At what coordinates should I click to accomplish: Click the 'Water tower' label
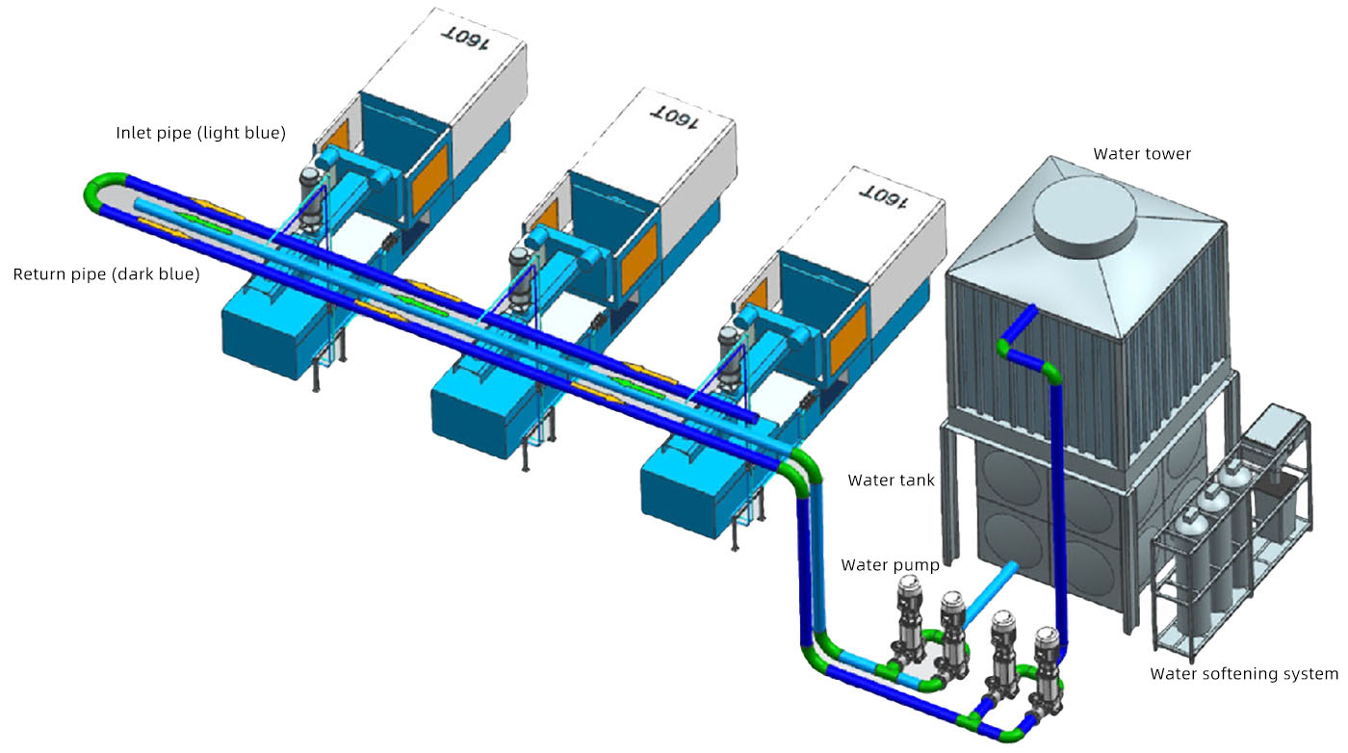point(1141,154)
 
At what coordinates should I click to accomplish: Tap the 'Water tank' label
point(891,480)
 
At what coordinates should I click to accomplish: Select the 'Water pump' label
point(890,564)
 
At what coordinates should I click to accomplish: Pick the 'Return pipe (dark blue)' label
point(106,274)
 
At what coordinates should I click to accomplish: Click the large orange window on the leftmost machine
point(428,183)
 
